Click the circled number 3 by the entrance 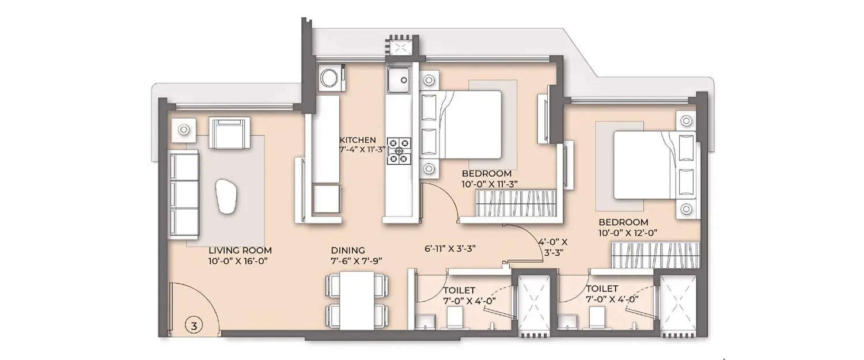pos(195,326)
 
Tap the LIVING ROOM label pos(240,251)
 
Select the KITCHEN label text pos(358,140)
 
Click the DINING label pos(348,251)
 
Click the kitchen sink pos(399,79)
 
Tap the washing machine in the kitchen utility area pos(331,77)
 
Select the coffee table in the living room pos(225,195)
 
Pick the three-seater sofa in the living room pos(184,195)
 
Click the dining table pos(357,300)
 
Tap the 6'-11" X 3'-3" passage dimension pos(450,249)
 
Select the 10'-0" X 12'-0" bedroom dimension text pos(627,233)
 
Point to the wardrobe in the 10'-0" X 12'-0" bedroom pos(655,255)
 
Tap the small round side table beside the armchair pos(184,130)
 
